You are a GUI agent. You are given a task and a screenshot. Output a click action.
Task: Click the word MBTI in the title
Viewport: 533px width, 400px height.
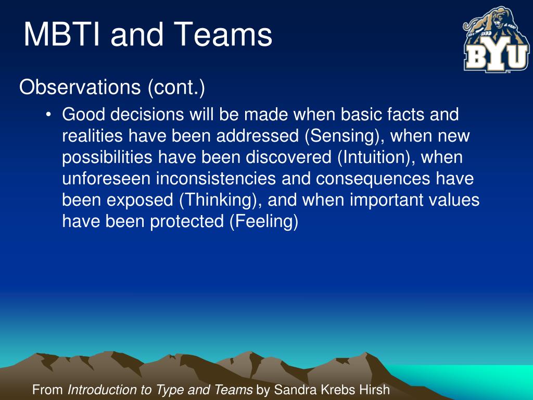click(62, 34)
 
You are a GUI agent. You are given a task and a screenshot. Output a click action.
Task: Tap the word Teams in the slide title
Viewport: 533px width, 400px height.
click(225, 34)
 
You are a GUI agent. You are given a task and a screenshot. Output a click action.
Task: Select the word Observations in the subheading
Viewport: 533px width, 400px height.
click(80, 87)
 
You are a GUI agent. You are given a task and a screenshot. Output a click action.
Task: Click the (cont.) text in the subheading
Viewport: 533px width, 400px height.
click(176, 87)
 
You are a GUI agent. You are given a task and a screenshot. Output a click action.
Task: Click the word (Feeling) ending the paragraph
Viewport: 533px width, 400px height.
click(264, 221)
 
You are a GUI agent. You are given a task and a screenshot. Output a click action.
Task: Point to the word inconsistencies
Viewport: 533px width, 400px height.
click(216, 179)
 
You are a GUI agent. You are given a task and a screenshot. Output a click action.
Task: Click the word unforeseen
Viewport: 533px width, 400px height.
click(106, 179)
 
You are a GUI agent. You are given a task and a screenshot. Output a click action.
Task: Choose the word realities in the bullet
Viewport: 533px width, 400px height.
click(92, 136)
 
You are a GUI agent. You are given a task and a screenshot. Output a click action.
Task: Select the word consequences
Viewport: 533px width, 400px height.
click(373, 179)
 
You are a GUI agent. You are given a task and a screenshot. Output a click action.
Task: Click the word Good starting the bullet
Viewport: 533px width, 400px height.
click(84, 114)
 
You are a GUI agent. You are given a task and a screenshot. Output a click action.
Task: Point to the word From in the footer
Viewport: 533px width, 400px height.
click(47, 390)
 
